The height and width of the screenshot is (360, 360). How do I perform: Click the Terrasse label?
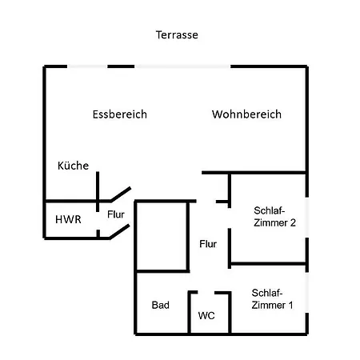[177, 35]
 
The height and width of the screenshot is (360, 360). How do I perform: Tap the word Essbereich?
[120, 114]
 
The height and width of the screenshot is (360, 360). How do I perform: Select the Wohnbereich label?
[246, 114]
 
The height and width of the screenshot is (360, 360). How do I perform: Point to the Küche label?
[73, 166]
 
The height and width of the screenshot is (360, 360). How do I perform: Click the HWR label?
[68, 219]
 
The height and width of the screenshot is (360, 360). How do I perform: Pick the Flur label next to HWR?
[116, 214]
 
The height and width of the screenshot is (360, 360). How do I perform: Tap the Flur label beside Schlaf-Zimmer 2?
[208, 244]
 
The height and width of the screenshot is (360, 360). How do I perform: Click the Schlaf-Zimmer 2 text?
[274, 217]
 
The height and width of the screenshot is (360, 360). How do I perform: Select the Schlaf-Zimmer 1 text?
[272, 299]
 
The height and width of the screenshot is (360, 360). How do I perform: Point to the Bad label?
[161, 305]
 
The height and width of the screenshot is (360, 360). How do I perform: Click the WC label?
[206, 316]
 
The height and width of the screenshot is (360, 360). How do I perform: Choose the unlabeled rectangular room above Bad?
[162, 236]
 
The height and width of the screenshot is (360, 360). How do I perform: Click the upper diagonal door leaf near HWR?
[121, 194]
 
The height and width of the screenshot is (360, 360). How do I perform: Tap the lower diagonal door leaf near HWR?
[119, 231]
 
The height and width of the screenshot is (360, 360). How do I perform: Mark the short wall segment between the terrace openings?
[121, 66]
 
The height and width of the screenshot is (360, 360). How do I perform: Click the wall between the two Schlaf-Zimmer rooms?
[268, 264]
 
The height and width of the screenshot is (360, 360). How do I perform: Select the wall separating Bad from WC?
[189, 312]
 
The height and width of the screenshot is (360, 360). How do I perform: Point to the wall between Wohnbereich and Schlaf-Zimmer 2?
[254, 173]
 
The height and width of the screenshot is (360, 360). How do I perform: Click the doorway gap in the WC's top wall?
[206, 293]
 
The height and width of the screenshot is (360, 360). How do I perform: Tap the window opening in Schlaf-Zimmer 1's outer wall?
[307, 293]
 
